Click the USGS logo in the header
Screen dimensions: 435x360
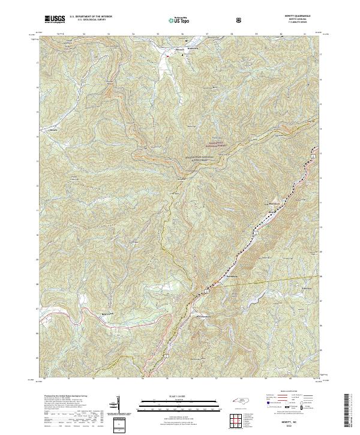[x=55, y=19]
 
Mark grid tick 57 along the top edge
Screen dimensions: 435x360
[x=208, y=34]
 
